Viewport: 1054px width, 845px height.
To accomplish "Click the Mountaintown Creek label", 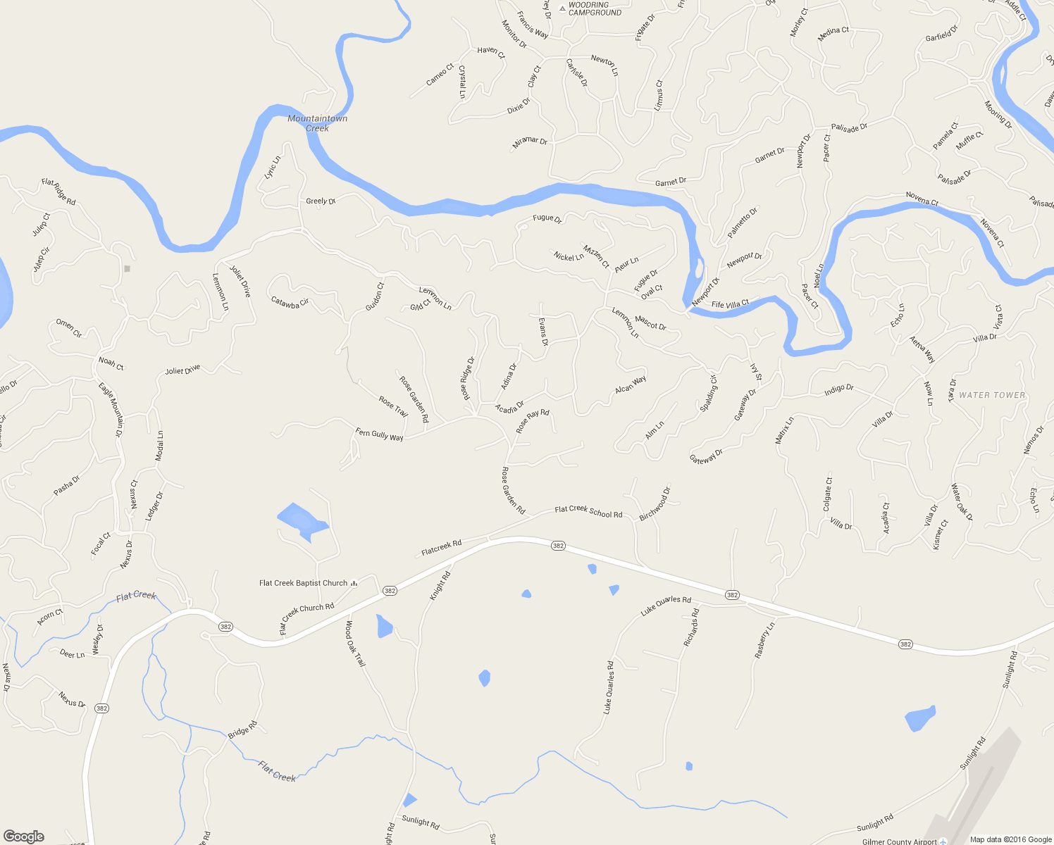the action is (x=317, y=123).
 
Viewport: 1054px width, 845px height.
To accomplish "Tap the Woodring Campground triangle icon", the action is (x=562, y=8).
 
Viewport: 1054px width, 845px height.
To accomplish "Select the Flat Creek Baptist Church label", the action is (x=303, y=583).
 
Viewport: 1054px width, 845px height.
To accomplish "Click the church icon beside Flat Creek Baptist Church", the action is (x=354, y=582).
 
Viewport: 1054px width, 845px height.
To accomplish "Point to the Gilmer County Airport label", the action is (x=899, y=841).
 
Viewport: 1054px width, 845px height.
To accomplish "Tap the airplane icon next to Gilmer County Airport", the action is (x=943, y=841).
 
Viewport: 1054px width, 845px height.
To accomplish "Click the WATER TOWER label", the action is (x=992, y=395).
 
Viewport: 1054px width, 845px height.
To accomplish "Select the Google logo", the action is (x=24, y=837).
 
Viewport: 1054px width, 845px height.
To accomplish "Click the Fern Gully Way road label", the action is (x=380, y=435).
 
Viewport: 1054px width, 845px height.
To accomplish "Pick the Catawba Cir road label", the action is (x=290, y=301).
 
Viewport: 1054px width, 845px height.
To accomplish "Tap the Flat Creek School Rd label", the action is (x=588, y=512).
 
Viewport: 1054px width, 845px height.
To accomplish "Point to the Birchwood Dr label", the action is (x=655, y=504).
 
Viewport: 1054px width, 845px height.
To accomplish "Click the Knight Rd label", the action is (x=440, y=586).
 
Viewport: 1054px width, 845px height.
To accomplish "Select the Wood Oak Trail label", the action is (x=354, y=644).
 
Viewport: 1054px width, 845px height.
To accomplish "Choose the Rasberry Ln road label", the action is (x=764, y=640).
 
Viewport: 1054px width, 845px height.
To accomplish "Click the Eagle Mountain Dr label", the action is (x=111, y=409).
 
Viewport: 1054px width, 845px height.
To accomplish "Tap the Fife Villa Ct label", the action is (x=730, y=304).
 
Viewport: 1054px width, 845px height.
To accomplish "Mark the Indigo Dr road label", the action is (x=838, y=389).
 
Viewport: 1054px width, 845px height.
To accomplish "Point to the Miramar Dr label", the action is (x=530, y=142).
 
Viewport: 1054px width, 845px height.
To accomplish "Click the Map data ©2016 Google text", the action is (x=1010, y=839).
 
